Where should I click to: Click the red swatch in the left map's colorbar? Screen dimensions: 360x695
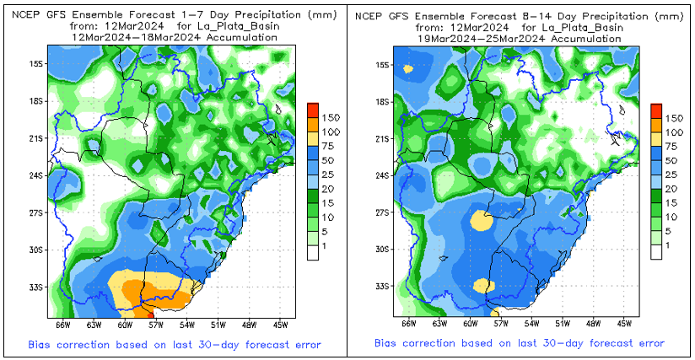(x=311, y=110)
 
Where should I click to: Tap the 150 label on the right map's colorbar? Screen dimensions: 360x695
(x=675, y=118)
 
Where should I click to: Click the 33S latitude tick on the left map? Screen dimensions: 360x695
(x=35, y=287)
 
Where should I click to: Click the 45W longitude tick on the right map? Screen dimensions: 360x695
(x=624, y=324)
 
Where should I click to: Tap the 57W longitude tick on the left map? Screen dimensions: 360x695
(x=155, y=324)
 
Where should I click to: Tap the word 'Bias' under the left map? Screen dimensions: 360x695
(x=40, y=344)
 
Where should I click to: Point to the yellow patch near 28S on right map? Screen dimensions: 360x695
(x=481, y=220)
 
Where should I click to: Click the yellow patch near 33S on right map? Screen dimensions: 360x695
(x=483, y=286)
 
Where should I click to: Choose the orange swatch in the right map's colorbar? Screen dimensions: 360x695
(x=656, y=124)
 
